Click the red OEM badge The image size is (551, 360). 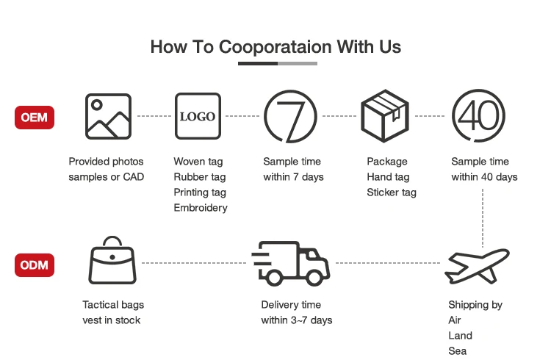click(x=35, y=117)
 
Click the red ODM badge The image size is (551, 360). click(x=35, y=264)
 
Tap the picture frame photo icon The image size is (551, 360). click(x=108, y=116)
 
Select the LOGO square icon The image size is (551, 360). click(x=198, y=116)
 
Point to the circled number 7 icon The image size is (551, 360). click(x=290, y=116)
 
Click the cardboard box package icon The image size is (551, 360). click(x=384, y=116)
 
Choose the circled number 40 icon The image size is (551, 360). click(x=478, y=116)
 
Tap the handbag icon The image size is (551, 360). click(x=112, y=262)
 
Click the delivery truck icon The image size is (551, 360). click(x=291, y=263)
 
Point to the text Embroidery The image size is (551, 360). click(x=201, y=208)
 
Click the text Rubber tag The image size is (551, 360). click(x=199, y=177)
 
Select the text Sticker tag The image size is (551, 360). click(x=392, y=192)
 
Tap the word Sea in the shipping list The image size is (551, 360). click(x=457, y=351)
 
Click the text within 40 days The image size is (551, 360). click(x=484, y=177)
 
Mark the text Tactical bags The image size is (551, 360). click(x=113, y=305)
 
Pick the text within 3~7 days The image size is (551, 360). click(x=297, y=320)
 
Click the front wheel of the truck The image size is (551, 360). click(x=316, y=278)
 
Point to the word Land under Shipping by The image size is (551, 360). click(x=460, y=336)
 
